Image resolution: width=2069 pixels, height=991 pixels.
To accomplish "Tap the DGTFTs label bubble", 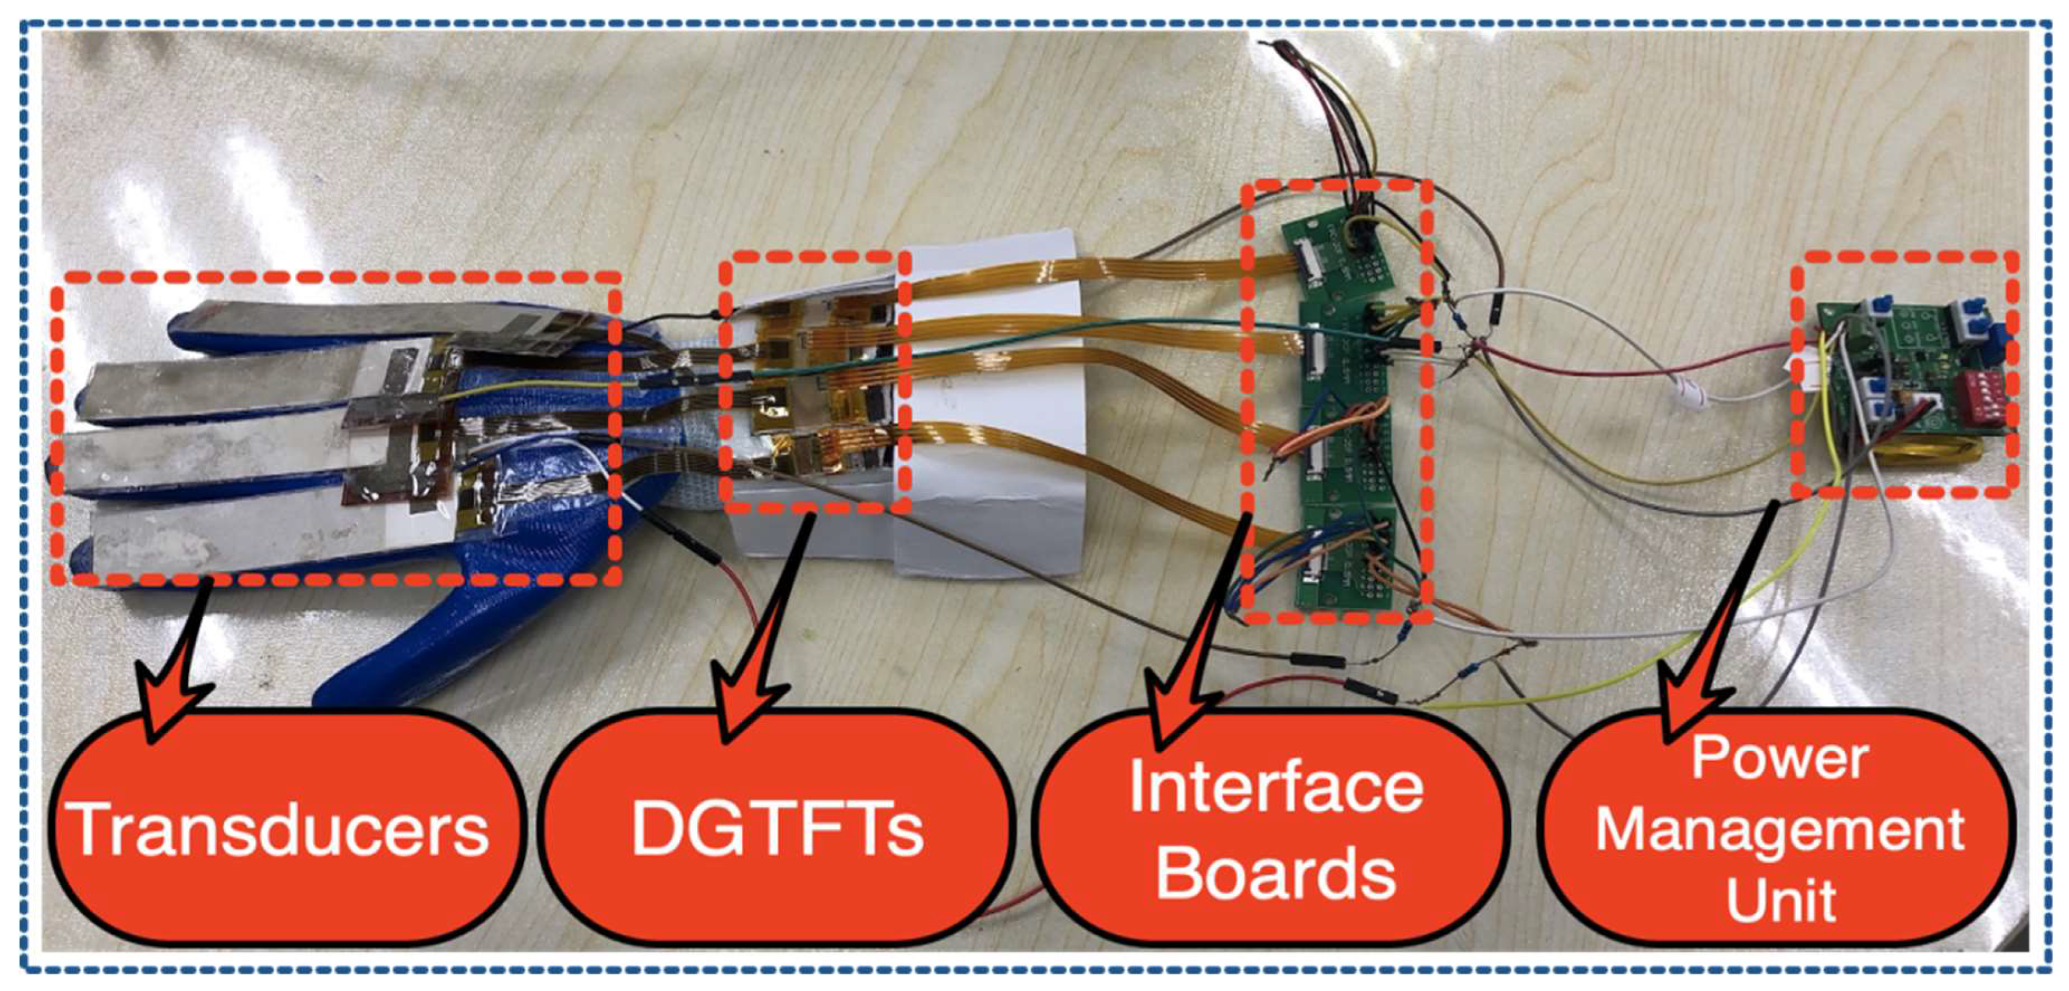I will tap(778, 827).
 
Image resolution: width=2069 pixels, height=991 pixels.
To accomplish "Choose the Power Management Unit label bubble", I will tap(1779, 827).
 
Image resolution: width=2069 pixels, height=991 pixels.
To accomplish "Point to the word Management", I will tap(1779, 829).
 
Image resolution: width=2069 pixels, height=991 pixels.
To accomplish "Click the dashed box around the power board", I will tap(1903, 259).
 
